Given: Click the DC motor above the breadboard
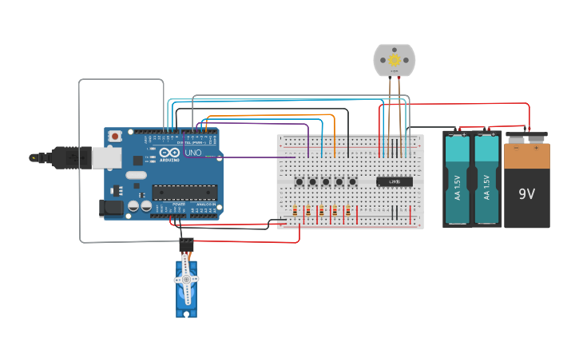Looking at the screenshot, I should pyautogui.click(x=395, y=61).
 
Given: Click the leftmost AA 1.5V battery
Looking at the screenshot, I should pyautogui.click(x=458, y=179).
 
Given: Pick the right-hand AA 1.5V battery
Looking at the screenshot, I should pyautogui.click(x=486, y=179).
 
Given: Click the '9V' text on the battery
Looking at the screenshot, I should pyautogui.click(x=527, y=194).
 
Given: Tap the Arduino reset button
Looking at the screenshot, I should pyautogui.click(x=115, y=137).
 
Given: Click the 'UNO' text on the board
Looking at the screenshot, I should pyautogui.click(x=193, y=153).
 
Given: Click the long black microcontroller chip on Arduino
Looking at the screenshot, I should pyautogui.click(x=184, y=193).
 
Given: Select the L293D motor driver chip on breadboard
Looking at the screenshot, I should pyautogui.click(x=394, y=181).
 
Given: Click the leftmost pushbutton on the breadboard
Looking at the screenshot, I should pyautogui.click(x=299, y=181).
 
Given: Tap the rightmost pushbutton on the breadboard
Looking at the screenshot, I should pyautogui.click(x=352, y=181).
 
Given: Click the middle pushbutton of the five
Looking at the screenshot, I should pyautogui.click(x=326, y=181).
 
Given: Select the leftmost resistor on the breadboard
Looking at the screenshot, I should pyautogui.click(x=298, y=212).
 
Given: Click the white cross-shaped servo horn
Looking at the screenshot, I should pyautogui.click(x=186, y=278).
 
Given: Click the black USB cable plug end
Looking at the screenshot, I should pyautogui.click(x=44, y=157).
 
